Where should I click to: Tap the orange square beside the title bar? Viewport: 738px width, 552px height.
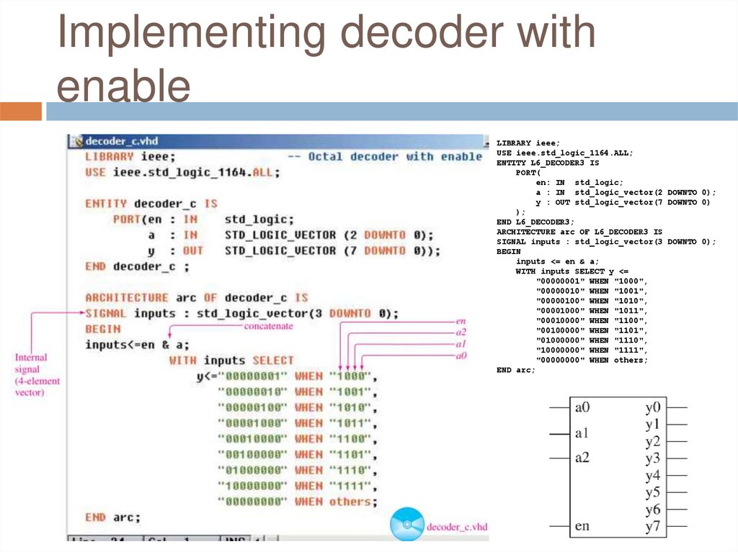pyautogui.click(x=21, y=112)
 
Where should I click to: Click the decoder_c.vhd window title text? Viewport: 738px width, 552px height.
pyautogui.click(x=117, y=141)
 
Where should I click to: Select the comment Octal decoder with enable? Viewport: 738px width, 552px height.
pyautogui.click(x=395, y=157)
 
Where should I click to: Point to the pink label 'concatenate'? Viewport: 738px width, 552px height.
pyautogui.click(x=267, y=326)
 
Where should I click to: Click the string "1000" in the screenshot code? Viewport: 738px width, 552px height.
pyautogui.click(x=350, y=376)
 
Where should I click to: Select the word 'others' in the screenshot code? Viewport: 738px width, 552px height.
pyautogui.click(x=350, y=502)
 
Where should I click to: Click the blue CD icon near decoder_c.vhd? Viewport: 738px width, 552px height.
pyautogui.click(x=406, y=525)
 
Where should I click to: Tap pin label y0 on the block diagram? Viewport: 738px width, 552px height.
pyautogui.click(x=653, y=407)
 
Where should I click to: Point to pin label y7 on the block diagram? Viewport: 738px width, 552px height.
pyautogui.click(x=653, y=526)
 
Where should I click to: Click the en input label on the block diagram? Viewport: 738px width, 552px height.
pyautogui.click(x=582, y=526)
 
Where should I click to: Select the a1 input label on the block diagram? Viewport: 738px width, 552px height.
pyautogui.click(x=582, y=433)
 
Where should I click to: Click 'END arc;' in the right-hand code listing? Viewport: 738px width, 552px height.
pyautogui.click(x=516, y=370)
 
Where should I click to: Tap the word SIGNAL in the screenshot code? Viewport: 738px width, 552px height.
pyautogui.click(x=106, y=314)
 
